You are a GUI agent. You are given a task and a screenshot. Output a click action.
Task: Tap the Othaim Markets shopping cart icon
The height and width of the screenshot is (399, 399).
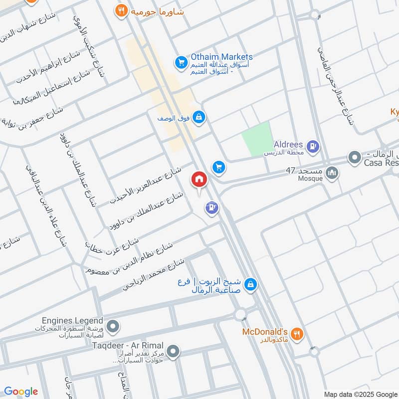[x=180, y=63]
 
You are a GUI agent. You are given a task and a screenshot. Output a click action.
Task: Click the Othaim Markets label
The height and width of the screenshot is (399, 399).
[x=221, y=57]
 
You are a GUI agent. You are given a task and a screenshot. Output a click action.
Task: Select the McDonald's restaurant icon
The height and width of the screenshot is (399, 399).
[x=297, y=334]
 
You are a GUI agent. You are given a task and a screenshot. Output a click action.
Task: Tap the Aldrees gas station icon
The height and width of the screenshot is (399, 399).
[x=313, y=146]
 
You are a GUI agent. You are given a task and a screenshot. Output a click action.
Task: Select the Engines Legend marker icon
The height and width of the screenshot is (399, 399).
[x=113, y=327]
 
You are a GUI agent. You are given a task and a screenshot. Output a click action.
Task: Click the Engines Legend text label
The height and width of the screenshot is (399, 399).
[x=73, y=321]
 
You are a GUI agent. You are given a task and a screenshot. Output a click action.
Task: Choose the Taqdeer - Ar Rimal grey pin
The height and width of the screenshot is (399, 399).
[x=173, y=352]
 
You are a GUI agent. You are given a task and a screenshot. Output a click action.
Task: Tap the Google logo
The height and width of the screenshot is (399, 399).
[x=21, y=392]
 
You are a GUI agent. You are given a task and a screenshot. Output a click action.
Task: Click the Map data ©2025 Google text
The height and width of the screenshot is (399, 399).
[x=360, y=394]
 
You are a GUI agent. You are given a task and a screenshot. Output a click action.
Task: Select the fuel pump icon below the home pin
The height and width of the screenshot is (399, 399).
[x=212, y=206]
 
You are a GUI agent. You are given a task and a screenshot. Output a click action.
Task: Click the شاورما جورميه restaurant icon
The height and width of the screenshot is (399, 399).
[x=120, y=10]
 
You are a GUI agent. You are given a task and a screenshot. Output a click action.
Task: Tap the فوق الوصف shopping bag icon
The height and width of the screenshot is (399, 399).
[x=199, y=117]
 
